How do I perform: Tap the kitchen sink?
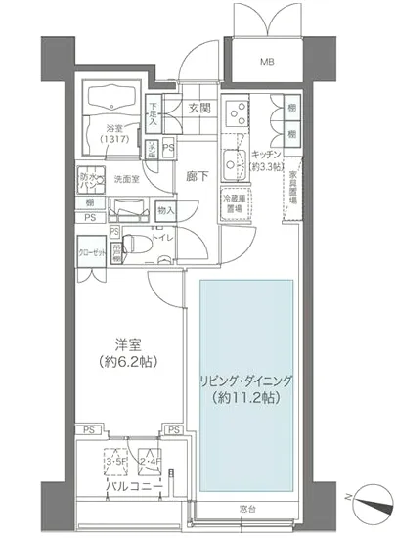tap(234, 163)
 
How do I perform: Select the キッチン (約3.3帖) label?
tap(267, 159)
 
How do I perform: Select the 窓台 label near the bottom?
tap(248, 509)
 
